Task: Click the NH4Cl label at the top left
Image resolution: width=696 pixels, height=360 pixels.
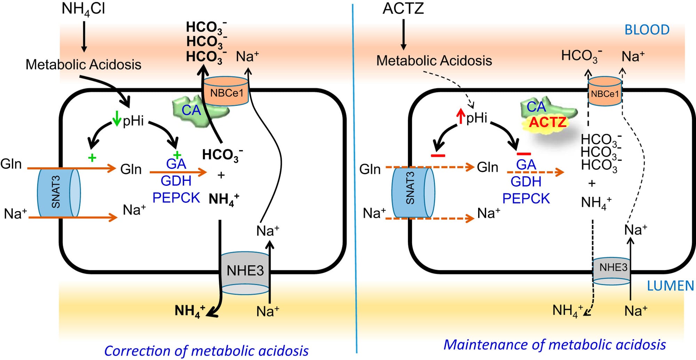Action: click(x=83, y=9)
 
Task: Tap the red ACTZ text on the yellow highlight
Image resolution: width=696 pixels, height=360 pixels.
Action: click(x=548, y=122)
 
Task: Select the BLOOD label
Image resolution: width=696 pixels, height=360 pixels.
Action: click(x=647, y=30)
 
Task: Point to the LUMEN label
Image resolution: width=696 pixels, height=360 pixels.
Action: click(x=670, y=286)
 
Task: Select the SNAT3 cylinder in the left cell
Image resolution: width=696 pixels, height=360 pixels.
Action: click(x=59, y=193)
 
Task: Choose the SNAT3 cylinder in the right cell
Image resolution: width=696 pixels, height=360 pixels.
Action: click(x=413, y=193)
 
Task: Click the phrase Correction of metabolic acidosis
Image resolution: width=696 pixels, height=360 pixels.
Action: click(x=206, y=351)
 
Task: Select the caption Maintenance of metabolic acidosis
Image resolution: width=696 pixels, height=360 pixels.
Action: click(x=554, y=345)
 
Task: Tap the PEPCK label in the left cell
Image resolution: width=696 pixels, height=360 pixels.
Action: click(x=176, y=198)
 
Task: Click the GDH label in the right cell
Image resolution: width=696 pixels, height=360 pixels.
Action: click(x=526, y=182)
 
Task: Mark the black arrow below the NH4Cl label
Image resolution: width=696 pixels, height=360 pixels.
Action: click(x=84, y=37)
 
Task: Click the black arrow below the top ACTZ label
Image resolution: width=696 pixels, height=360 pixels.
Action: click(x=403, y=34)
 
